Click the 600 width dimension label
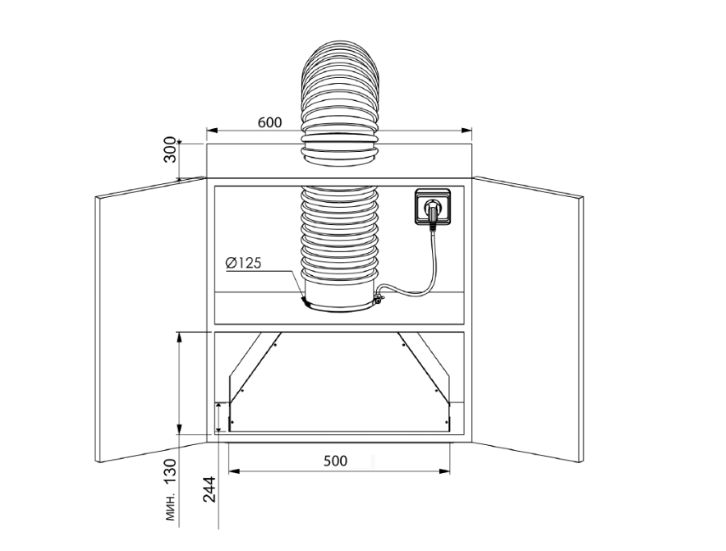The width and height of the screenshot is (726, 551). click(269, 122)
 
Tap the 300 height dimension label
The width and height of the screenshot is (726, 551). click(170, 153)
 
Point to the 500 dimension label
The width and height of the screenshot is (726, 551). click(335, 461)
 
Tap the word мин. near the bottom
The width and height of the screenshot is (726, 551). click(171, 509)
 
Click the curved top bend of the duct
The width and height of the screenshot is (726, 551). click(341, 78)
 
